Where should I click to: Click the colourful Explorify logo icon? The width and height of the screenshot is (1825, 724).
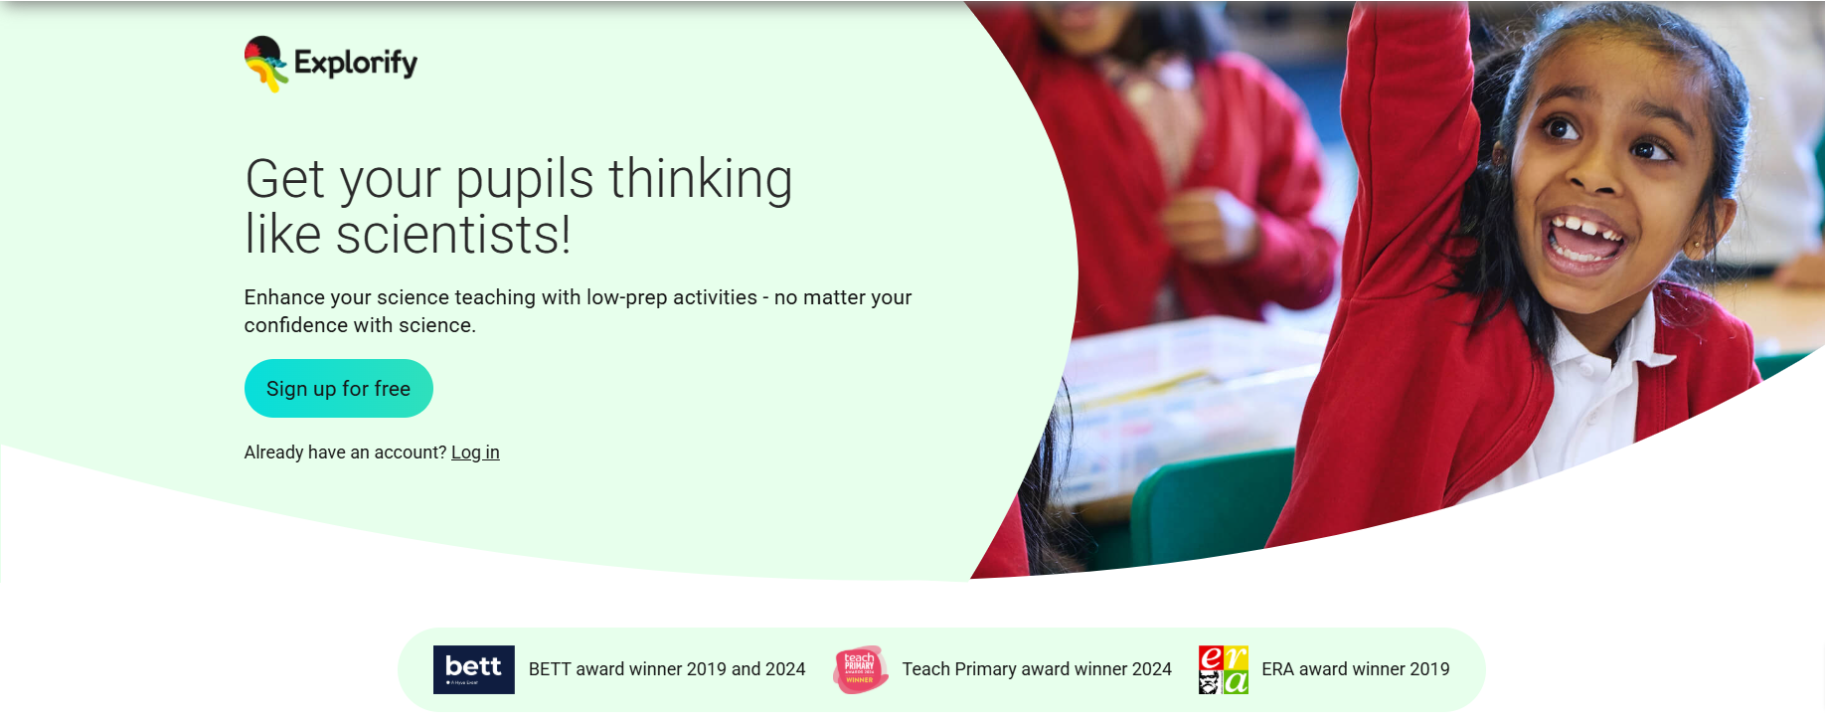click(265, 63)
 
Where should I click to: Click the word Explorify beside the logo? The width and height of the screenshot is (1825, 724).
click(356, 64)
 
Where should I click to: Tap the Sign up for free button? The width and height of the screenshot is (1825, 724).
click(338, 389)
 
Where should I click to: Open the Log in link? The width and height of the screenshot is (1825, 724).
click(475, 452)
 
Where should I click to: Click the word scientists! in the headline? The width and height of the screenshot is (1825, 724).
click(453, 236)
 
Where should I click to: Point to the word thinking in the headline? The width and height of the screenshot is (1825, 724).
click(701, 180)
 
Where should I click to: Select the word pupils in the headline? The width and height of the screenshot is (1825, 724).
click(525, 180)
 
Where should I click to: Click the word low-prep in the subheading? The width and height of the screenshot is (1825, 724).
click(626, 297)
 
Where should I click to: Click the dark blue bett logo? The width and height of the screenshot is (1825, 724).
click(473, 669)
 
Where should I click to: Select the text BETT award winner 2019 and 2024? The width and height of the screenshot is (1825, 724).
click(667, 669)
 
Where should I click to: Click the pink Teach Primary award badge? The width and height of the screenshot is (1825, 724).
click(860, 669)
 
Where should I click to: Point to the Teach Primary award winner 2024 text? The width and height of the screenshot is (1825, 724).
click(1037, 669)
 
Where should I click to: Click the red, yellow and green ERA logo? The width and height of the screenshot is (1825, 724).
click(1223, 669)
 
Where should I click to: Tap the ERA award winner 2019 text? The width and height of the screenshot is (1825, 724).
click(1356, 669)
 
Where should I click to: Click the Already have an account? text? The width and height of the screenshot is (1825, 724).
click(345, 452)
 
